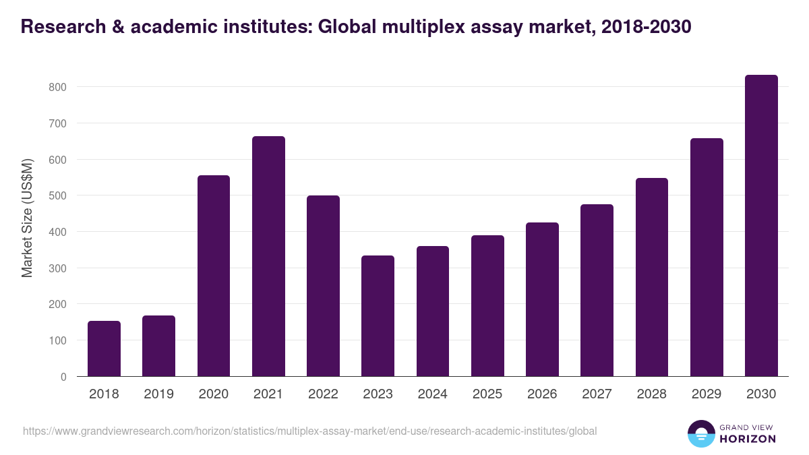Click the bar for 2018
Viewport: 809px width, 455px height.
tap(104, 348)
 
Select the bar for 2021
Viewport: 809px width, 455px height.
tap(268, 256)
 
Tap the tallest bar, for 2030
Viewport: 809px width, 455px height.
tap(761, 226)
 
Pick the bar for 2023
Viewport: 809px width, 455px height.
tap(378, 315)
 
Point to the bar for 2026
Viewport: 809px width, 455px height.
tap(542, 299)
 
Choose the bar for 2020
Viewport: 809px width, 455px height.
tap(214, 276)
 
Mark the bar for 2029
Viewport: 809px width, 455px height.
tap(707, 257)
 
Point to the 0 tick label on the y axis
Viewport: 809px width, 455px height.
tap(63, 377)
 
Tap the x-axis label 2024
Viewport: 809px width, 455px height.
tap(432, 394)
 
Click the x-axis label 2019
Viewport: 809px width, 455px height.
tap(158, 394)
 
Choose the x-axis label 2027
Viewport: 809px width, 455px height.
tap(597, 394)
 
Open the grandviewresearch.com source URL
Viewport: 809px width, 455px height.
tap(309, 431)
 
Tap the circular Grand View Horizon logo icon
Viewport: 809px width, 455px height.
tap(700, 433)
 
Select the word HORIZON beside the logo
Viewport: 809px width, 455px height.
tap(748, 439)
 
